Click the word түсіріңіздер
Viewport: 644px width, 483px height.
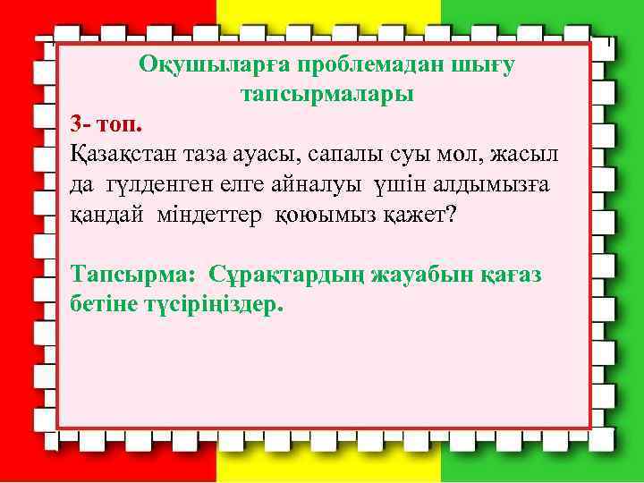(x=212, y=302)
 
